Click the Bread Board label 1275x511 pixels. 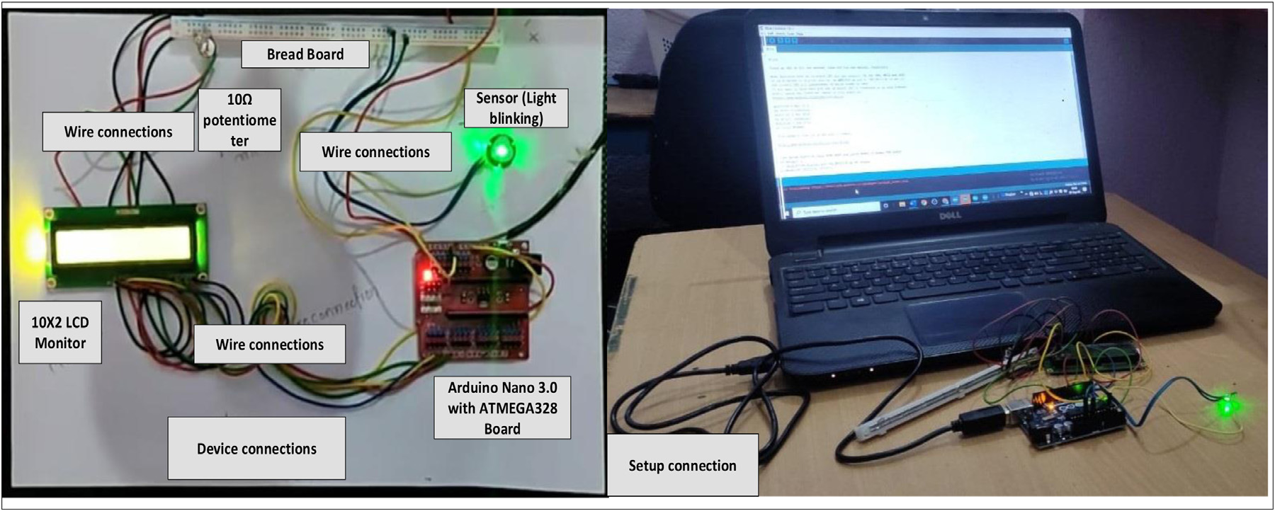click(305, 54)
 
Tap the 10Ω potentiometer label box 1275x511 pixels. click(239, 120)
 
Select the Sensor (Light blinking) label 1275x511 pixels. click(516, 108)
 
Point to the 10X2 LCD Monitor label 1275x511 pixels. click(60, 333)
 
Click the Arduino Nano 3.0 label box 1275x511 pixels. click(501, 408)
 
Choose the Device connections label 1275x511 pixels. click(256, 449)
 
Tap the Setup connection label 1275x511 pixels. click(682, 466)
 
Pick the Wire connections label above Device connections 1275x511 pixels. click(269, 345)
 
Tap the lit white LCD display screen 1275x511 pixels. click(123, 246)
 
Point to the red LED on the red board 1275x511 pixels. click(427, 273)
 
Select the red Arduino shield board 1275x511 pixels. click(478, 297)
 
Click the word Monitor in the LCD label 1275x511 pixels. click(60, 343)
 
